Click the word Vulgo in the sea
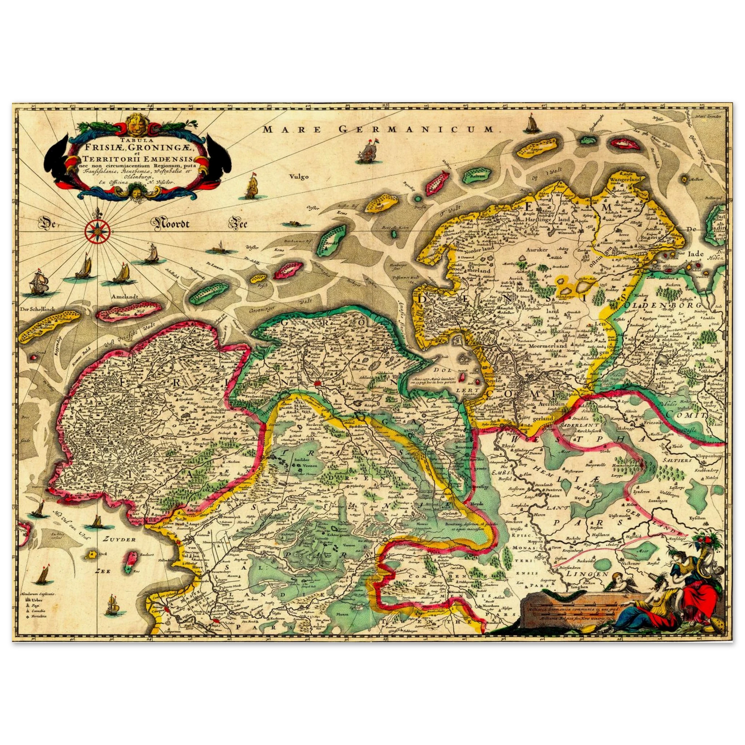(299, 176)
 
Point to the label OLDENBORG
(672, 305)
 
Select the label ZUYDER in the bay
(119, 539)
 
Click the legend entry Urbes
(36, 600)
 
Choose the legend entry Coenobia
(38, 611)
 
